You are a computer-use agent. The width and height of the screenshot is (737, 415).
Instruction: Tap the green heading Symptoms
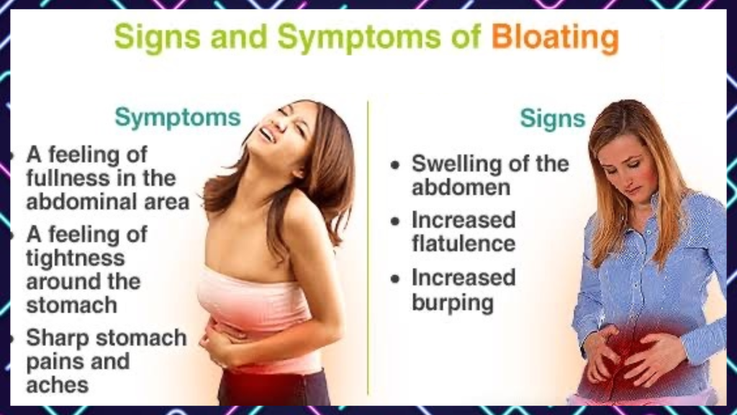178,117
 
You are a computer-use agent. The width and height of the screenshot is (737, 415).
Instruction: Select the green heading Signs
552,118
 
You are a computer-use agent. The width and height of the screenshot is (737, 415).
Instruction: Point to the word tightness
76,258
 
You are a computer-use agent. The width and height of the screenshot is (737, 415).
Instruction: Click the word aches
58,385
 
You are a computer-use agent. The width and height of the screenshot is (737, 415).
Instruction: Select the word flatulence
463,244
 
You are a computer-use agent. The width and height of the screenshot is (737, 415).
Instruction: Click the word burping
453,301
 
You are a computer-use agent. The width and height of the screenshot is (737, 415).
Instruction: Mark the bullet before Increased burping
394,279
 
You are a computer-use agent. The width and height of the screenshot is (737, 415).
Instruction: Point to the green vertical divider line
368,245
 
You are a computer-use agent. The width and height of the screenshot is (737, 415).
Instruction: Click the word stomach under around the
72,305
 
